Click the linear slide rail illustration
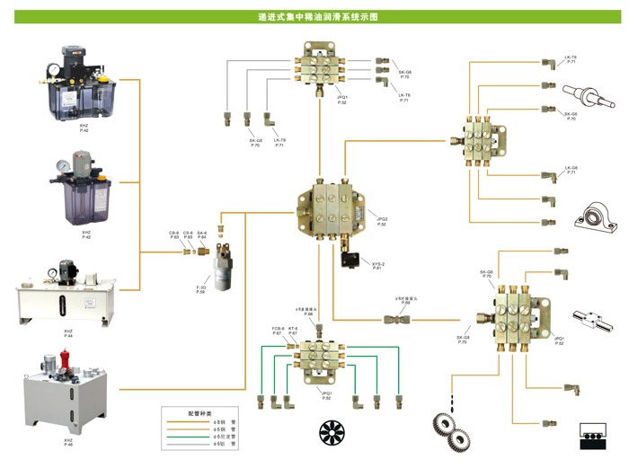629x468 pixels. [594, 319]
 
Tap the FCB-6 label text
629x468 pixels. [278, 331]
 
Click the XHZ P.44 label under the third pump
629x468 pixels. [68, 334]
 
